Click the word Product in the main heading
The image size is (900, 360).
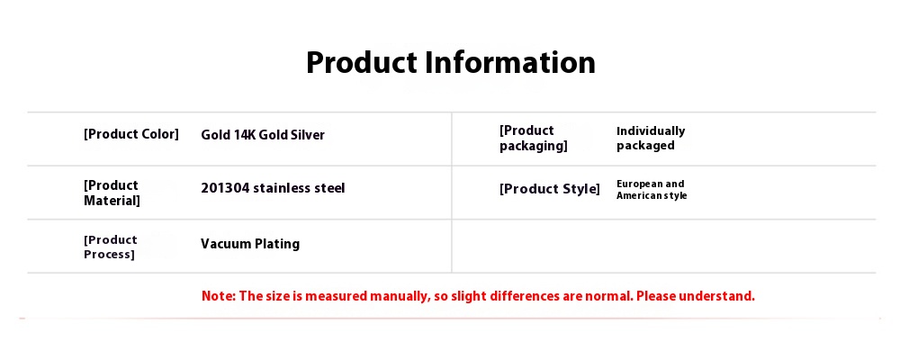point(362,62)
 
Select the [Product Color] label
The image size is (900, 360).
point(131,134)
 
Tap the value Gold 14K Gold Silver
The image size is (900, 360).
point(263,135)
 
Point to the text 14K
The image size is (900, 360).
point(244,135)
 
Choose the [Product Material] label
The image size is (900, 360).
point(112,193)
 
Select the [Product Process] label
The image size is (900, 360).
point(111,247)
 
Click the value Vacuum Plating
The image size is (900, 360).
point(250,244)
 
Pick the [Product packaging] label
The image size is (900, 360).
point(533,139)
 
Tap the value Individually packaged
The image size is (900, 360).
point(651,139)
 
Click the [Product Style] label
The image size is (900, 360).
point(550,189)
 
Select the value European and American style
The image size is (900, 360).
point(652,190)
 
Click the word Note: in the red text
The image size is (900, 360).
point(219,296)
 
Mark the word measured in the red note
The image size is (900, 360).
point(336,296)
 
